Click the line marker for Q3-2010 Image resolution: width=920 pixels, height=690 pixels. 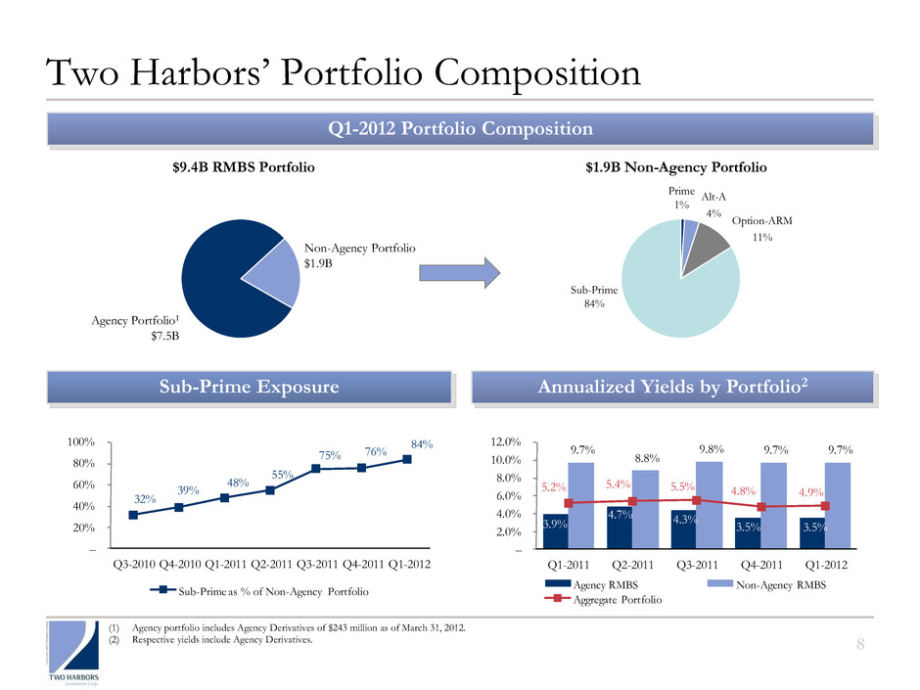click(132, 515)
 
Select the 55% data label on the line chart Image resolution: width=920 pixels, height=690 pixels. click(283, 474)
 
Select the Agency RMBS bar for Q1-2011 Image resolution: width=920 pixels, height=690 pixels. click(554, 530)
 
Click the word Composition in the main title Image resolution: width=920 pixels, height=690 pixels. click(509, 74)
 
